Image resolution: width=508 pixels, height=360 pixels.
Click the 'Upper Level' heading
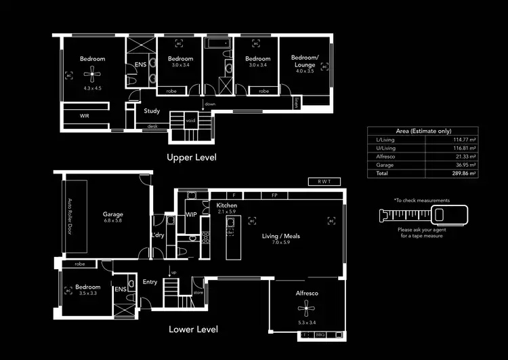tap(192, 157)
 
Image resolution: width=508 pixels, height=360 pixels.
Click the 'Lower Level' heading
tap(193, 329)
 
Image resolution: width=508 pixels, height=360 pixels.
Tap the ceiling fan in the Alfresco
tap(307, 310)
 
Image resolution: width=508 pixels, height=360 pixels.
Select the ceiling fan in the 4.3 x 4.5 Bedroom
tap(92, 75)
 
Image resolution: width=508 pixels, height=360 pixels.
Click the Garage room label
tap(112, 214)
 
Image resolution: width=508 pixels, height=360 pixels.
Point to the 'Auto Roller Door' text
tap(69, 216)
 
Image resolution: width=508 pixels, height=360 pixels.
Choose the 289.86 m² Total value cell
tap(463, 174)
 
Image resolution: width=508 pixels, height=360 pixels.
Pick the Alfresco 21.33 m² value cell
tap(463, 156)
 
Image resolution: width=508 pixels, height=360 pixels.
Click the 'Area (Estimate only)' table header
tap(423, 131)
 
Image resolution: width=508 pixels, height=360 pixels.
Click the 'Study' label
tap(152, 111)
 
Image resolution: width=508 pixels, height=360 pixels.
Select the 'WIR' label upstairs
tap(85, 116)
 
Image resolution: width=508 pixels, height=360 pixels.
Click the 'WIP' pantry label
tap(192, 215)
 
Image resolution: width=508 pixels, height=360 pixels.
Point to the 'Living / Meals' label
tap(280, 237)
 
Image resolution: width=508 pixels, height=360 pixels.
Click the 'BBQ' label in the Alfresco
tap(320, 335)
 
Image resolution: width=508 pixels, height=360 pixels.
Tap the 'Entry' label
tap(150, 282)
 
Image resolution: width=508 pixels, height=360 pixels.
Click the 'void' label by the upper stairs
tap(190, 120)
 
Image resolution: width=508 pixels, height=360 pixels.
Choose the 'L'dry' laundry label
tap(158, 235)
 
